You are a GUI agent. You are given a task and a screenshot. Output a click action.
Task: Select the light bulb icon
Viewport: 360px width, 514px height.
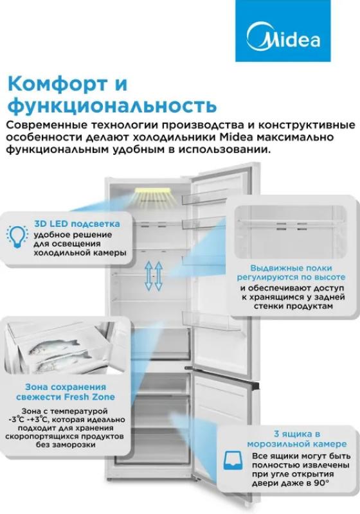17,236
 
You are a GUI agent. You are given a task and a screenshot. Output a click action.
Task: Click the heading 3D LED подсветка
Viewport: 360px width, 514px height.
77,224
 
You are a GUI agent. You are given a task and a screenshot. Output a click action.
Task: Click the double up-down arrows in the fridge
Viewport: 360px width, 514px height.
154,276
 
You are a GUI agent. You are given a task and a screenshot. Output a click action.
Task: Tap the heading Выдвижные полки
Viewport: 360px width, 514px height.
291,268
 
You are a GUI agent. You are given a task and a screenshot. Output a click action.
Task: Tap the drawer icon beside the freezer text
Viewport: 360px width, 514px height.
233,460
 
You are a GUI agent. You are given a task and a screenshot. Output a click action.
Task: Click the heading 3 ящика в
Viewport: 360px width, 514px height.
297,434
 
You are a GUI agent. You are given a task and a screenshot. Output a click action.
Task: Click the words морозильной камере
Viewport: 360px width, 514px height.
297,444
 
